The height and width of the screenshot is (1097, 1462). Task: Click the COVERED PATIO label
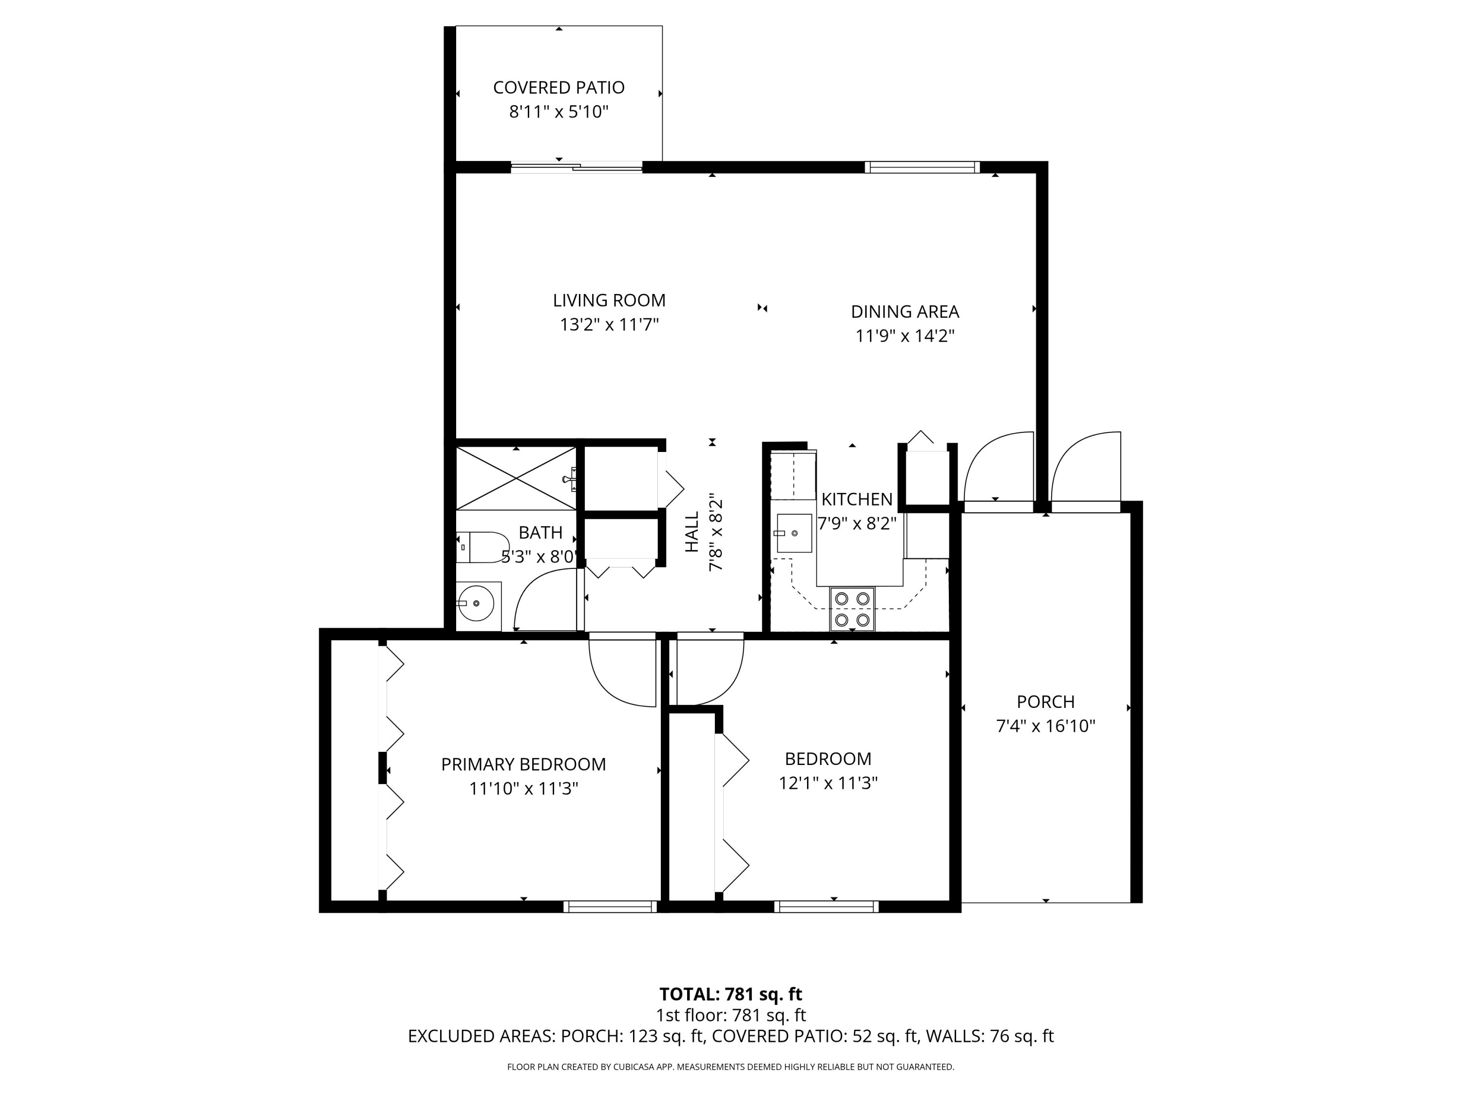(x=558, y=87)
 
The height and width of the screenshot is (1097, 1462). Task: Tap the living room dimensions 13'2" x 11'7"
(x=609, y=325)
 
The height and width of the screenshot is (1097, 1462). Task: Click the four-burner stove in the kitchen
(x=852, y=609)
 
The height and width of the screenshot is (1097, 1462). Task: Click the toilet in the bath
(x=481, y=547)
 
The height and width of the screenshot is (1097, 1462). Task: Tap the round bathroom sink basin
(x=476, y=603)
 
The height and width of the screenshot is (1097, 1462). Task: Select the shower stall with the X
(x=516, y=478)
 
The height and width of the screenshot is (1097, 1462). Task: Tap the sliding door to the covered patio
(x=577, y=168)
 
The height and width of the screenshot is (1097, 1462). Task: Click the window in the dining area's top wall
(x=922, y=167)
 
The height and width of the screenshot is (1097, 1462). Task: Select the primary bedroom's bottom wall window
(x=610, y=906)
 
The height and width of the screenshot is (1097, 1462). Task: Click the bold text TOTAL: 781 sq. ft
(x=731, y=1012)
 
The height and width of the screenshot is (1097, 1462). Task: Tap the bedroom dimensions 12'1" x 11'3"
(x=827, y=783)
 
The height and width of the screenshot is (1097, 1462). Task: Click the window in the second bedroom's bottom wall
(x=826, y=906)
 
